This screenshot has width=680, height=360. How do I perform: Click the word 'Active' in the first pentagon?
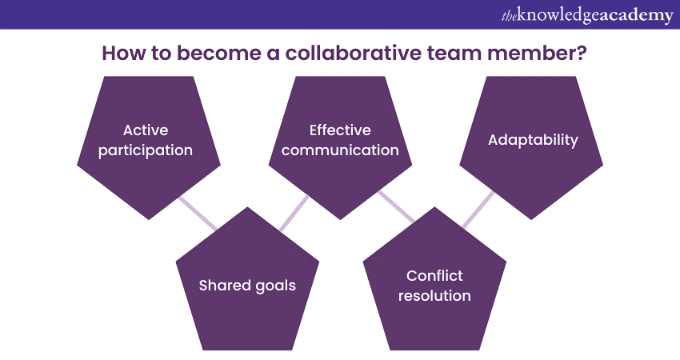pos(146,130)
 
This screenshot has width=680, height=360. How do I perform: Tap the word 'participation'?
pos(146,150)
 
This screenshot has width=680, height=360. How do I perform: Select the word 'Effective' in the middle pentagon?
pos(340,130)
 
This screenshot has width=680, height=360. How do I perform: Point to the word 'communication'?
pos(340,150)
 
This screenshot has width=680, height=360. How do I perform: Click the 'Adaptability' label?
pos(533,140)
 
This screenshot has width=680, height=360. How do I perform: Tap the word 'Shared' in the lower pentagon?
pos(225,285)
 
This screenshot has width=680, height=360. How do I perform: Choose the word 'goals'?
pos(275,286)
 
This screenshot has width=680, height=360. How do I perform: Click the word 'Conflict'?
pos(434,275)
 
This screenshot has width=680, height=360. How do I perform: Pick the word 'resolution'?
pos(434,296)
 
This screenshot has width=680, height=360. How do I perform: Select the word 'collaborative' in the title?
pos(353,53)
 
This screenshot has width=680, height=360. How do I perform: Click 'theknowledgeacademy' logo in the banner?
pos(587,15)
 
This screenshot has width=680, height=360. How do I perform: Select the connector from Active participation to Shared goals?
pos(198,214)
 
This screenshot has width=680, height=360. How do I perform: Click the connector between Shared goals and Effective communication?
pos(294,214)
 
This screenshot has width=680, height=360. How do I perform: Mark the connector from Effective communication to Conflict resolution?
pos(396,206)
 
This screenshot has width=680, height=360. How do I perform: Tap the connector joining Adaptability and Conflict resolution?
pos(478,210)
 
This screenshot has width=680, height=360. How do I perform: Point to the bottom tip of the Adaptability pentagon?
pos(531,219)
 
